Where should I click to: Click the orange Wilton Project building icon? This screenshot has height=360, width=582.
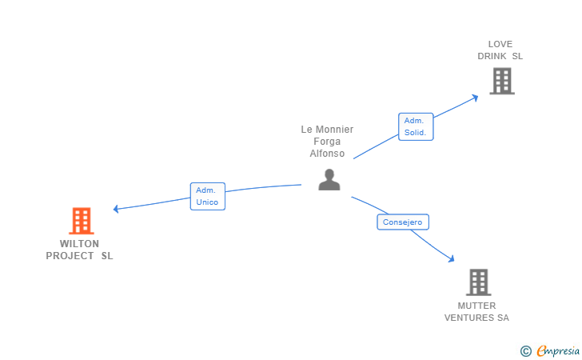coord(81,221)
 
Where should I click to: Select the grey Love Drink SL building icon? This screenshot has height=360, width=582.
coord(501,81)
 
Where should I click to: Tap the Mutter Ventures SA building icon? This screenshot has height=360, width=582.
coord(477,282)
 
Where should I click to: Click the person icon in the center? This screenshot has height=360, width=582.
coord(329,180)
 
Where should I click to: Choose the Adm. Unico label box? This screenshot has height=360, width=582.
coord(207,196)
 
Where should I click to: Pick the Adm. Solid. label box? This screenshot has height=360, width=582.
coord(415,126)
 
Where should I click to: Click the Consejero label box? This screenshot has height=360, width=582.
coord(402,222)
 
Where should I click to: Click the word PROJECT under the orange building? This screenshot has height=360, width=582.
coord(69,256)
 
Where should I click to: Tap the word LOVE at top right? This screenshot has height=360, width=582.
coord(500,44)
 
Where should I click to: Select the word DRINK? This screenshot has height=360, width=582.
coord(492,57)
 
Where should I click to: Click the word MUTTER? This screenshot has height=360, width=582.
coord(476,306)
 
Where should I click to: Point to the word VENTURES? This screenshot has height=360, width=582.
coord(469,318)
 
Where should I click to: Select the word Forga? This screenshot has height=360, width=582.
coord(327,142)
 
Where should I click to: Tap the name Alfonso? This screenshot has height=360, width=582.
coord(327,154)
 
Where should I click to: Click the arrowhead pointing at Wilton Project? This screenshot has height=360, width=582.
coord(117,209)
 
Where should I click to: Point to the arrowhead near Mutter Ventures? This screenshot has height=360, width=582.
coord(451,258)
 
